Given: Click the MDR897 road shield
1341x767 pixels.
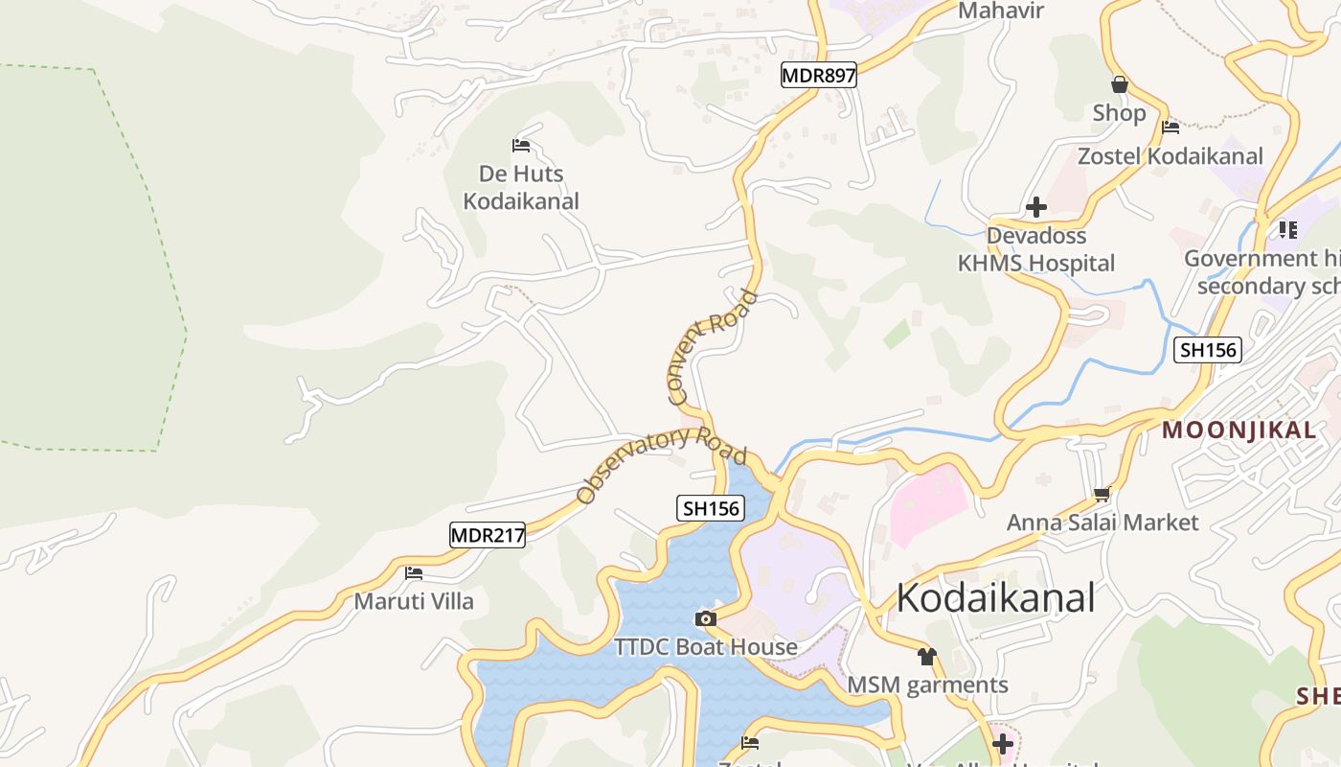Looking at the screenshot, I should click(x=818, y=75).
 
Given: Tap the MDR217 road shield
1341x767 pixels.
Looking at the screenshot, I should click(x=488, y=535).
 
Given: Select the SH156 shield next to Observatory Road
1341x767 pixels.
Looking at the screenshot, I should click(x=711, y=508).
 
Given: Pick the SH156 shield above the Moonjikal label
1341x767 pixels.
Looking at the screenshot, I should click(x=1208, y=350).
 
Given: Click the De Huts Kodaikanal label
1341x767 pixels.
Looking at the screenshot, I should click(x=521, y=187).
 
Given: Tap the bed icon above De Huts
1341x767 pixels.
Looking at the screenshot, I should click(x=521, y=146).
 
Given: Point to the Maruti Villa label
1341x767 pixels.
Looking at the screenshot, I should click(x=414, y=601).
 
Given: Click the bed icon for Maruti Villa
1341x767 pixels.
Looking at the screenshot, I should click(x=414, y=573).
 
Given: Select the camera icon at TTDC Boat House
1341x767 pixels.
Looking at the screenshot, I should click(x=706, y=618).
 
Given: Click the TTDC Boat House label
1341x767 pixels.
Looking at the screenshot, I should click(x=706, y=647).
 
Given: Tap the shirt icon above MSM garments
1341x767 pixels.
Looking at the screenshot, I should click(x=926, y=657).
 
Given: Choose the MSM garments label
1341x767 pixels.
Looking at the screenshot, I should click(x=927, y=685).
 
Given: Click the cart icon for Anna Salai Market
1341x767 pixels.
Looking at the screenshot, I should click(x=1102, y=495).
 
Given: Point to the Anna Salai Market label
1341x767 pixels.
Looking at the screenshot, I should click(x=1102, y=523).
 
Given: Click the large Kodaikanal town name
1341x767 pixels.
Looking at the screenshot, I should click(x=995, y=597).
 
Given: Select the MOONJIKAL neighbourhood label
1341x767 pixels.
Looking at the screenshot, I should click(x=1239, y=430).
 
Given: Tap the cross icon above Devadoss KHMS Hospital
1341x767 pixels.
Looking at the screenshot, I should click(x=1035, y=207).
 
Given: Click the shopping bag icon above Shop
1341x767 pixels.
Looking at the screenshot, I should click(x=1119, y=84).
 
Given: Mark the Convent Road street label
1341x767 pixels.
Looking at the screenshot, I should click(x=711, y=346).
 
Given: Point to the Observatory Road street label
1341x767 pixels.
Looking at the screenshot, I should click(x=662, y=464).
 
